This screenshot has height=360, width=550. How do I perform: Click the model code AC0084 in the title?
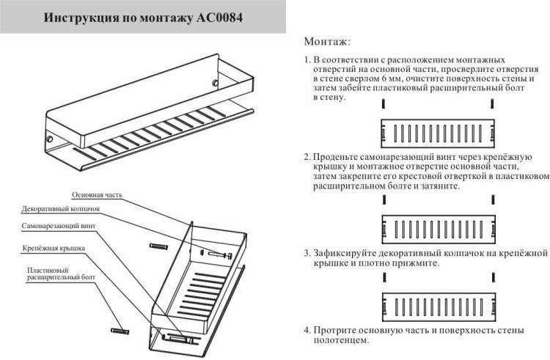point(219,18)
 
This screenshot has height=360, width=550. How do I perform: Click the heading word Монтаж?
point(327,42)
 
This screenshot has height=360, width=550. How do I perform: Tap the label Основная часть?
point(97,195)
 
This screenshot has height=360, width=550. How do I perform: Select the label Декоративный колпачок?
point(61,209)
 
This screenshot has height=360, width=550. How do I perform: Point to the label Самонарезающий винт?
point(58,226)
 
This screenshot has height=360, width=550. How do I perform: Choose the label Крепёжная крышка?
point(54,248)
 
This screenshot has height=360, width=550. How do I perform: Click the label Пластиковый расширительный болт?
point(61,273)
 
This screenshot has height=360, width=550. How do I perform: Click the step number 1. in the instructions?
point(307,59)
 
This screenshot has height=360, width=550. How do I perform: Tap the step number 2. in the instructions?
point(307,157)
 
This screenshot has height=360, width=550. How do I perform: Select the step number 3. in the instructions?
point(307,253)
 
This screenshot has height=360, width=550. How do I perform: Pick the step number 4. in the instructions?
point(307,330)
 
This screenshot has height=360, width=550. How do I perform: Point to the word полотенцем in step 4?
point(341,340)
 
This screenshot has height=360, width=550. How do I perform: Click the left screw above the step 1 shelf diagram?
point(384,104)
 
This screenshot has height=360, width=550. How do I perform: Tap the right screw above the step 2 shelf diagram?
point(494,200)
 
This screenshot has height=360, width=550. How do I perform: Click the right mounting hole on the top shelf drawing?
point(216,83)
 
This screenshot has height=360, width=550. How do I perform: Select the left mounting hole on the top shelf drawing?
point(50,139)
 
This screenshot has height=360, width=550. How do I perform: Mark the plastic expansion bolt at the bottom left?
point(120,331)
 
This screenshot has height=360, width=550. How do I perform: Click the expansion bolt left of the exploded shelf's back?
point(158,246)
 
